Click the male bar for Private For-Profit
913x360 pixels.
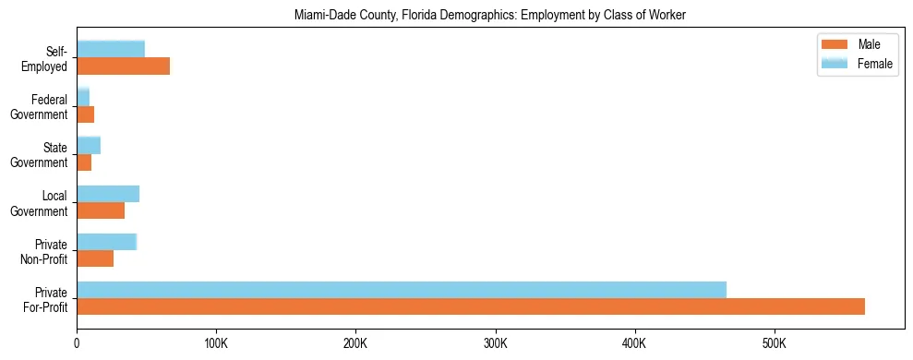coord(471,306)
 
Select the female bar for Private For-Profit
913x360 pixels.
coord(402,290)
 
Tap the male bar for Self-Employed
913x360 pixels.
coord(123,66)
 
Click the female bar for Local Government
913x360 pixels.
coord(108,194)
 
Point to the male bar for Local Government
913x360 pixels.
coord(101,210)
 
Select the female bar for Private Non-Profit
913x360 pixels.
coord(106,242)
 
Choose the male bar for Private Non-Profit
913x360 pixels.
coord(95,258)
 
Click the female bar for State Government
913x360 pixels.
coord(89,145)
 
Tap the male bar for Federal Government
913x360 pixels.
coord(85,114)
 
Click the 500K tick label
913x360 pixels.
coord(775,343)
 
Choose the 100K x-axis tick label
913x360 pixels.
coord(216,343)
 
